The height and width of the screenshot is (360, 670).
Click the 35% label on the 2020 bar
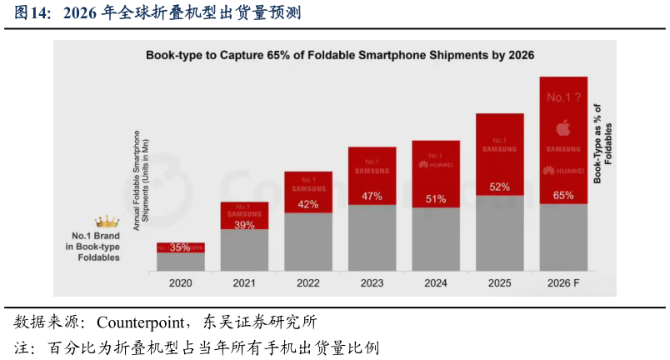180,247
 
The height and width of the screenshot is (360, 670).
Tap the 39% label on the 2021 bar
244,226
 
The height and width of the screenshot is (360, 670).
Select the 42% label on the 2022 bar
308,204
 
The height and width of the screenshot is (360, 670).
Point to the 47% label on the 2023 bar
372,197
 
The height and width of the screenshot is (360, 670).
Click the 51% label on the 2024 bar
436,199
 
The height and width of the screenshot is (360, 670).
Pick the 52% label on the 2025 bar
500,187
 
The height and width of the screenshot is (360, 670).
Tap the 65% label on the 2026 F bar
563,195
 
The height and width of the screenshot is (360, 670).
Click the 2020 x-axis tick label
180,283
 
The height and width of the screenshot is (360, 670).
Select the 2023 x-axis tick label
372,283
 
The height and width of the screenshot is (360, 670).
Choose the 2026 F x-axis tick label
563,283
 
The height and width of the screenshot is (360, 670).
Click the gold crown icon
107,222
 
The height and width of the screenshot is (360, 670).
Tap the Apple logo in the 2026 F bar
563,127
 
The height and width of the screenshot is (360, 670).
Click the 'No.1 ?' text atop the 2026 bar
563,97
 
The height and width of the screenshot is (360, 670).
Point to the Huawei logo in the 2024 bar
436,165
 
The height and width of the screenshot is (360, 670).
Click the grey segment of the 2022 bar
308,242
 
